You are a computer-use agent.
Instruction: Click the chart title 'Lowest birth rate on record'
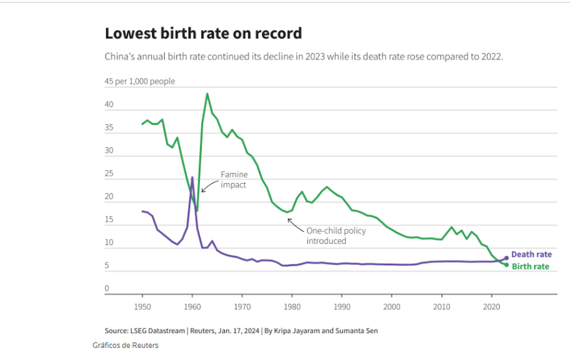point(203,34)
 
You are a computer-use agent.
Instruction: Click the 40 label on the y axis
point(109,104)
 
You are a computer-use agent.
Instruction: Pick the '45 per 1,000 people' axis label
point(140,81)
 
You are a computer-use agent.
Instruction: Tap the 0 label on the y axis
point(107,288)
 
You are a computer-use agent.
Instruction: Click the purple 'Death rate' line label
point(532,255)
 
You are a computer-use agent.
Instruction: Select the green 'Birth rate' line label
point(530,266)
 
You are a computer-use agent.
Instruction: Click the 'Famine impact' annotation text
point(234,180)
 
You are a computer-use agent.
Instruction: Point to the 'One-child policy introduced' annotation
point(336,236)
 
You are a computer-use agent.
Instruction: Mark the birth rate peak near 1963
point(207,94)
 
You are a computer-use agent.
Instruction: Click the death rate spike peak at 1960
point(192,177)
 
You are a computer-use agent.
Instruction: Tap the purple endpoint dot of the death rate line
point(506,258)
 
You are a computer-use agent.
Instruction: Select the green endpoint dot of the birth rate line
point(506,265)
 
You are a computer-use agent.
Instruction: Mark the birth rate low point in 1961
point(197,210)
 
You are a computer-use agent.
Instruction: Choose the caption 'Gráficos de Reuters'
point(125,345)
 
